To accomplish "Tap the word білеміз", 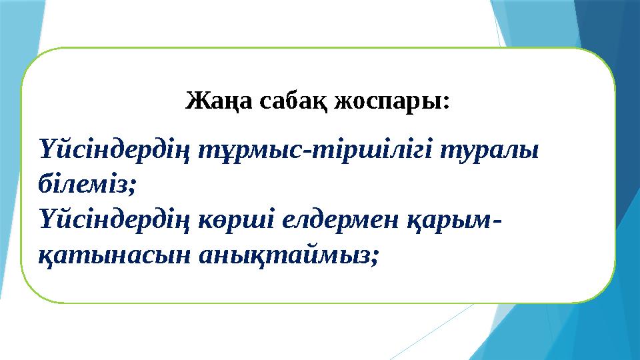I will pyautogui.click(x=85, y=185).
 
